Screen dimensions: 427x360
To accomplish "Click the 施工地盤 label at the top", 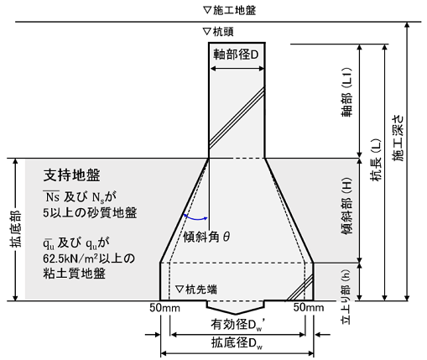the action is pyautogui.click(x=229, y=10).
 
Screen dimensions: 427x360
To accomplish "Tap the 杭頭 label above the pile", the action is pyautogui.click(x=218, y=32).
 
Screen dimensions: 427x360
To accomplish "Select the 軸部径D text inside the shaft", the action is pyautogui.click(x=236, y=55).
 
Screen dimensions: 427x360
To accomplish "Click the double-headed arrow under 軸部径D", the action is pyautogui.click(x=237, y=69).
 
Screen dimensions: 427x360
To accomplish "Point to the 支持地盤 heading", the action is pyautogui.click(x=72, y=175).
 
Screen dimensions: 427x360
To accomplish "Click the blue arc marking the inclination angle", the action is pyautogui.click(x=195, y=218).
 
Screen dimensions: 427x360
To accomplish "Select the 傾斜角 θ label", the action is pyautogui.click(x=206, y=237).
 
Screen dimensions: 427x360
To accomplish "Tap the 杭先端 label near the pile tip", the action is pyautogui.click(x=196, y=290).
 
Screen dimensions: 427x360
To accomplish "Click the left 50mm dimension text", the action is pyautogui.click(x=164, y=308).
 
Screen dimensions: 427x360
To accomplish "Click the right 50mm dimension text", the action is pyautogui.click(x=309, y=307).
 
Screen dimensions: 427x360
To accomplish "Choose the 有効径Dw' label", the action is pyautogui.click(x=237, y=325).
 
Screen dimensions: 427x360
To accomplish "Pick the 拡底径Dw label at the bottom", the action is pyautogui.click(x=237, y=343).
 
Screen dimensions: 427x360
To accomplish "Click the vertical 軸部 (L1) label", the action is pyautogui.click(x=346, y=91).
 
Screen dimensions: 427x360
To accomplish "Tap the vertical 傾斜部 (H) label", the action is pyautogui.click(x=346, y=206).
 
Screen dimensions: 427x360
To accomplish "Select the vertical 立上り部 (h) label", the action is pyautogui.click(x=346, y=297).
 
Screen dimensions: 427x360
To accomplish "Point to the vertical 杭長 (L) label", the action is pyautogui.click(x=376, y=159).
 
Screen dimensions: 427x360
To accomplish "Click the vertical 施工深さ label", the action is pyautogui.click(x=398, y=138).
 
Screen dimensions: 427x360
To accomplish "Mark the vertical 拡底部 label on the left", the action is pyautogui.click(x=16, y=230).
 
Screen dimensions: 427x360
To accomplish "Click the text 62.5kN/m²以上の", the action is pyautogui.click(x=89, y=258).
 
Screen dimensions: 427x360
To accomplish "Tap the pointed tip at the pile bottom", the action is pyautogui.click(x=236, y=314).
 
